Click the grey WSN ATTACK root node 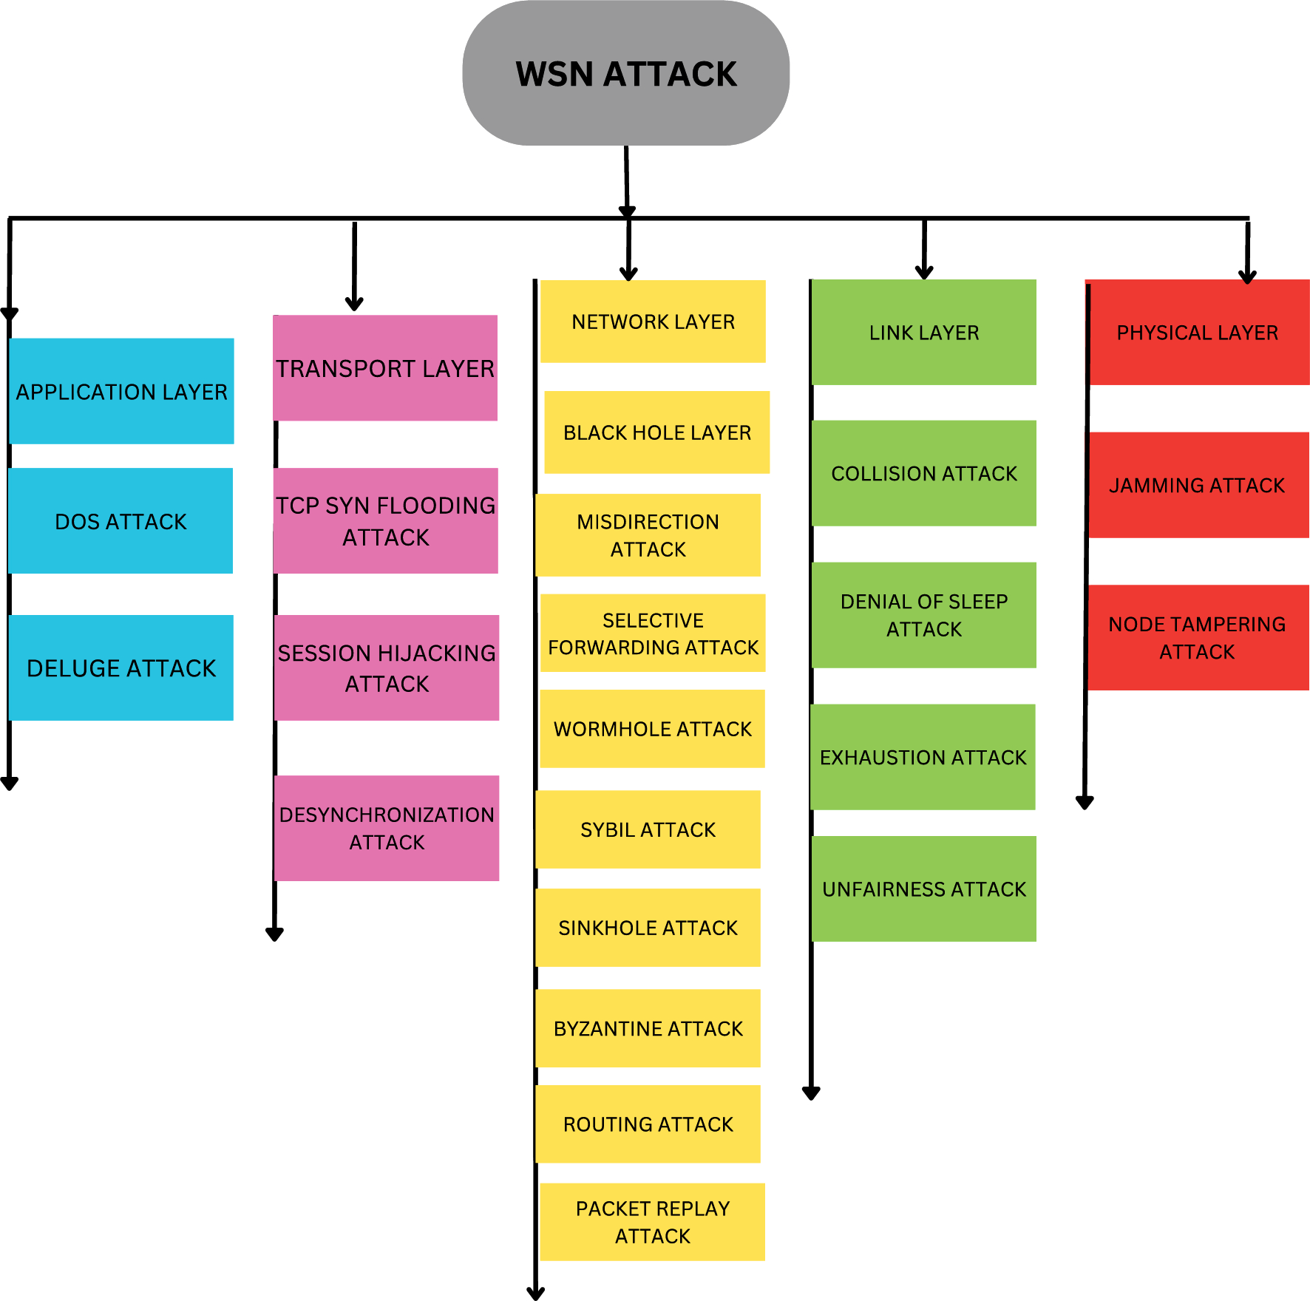625,73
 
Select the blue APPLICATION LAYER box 121,391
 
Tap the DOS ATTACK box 121,521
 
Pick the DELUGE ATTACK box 121,668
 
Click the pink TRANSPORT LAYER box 385,368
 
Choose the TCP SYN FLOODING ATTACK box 386,520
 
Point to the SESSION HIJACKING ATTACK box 387,668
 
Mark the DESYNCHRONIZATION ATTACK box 387,828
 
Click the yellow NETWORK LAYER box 653,322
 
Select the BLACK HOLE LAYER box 656,432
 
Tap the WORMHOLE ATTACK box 652,729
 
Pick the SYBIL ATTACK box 648,829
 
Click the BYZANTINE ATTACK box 648,1028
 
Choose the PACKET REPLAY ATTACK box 652,1222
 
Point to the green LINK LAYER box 923,333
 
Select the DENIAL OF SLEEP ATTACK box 923,615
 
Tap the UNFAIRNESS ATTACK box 923,889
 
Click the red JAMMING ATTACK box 1198,485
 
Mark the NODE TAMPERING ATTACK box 1198,637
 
